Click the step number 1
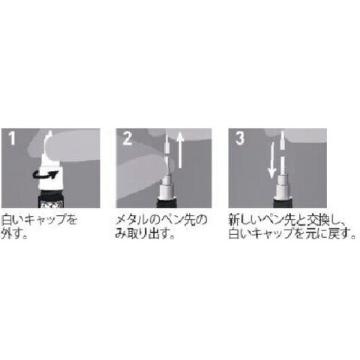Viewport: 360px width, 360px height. pos(11,138)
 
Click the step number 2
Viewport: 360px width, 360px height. pos(127,139)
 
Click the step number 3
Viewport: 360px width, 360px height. pos(240,138)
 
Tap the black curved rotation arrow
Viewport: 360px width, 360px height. pos(47,175)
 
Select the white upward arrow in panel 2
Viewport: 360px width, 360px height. pos(180,150)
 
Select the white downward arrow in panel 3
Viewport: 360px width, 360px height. pos(271,160)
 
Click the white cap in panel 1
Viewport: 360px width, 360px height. pos(50,172)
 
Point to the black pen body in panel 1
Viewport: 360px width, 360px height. pos(51,198)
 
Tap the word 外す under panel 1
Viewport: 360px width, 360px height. pos(10,233)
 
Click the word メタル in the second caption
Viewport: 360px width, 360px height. pos(131,220)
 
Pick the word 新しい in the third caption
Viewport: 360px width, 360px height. pos(244,220)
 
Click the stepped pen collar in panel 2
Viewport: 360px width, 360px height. pos(166,186)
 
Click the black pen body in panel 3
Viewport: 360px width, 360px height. pos(281,202)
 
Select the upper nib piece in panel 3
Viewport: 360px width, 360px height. pos(282,140)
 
